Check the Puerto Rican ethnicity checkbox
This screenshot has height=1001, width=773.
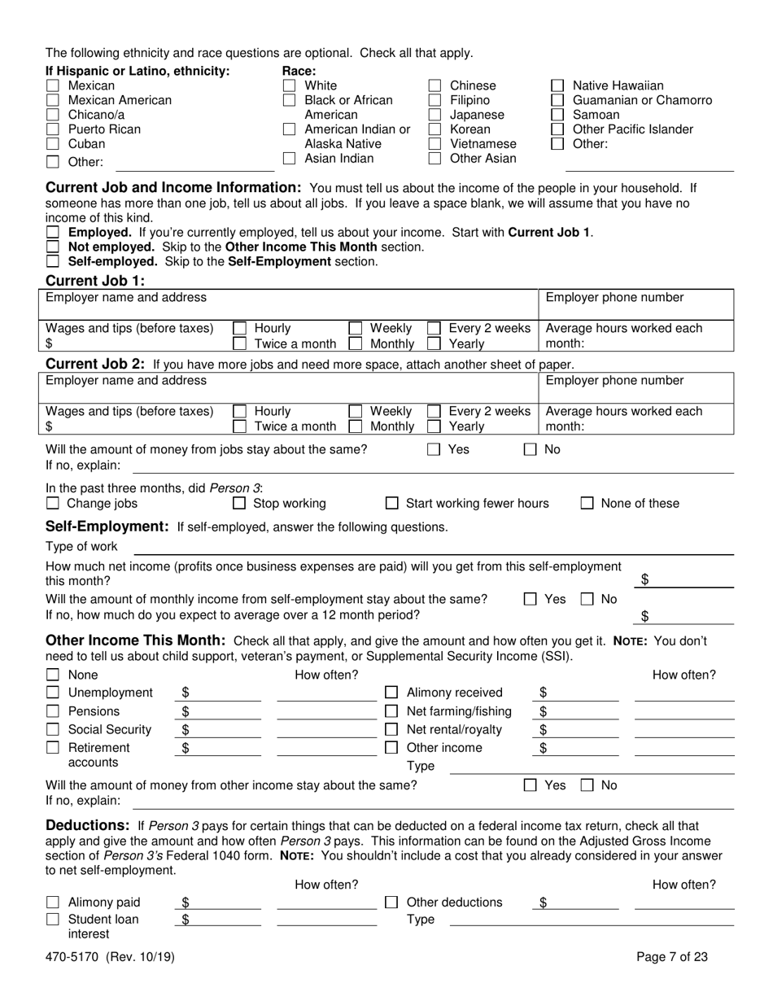(53, 129)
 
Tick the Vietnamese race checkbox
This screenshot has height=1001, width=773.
(435, 144)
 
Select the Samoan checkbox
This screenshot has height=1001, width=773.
(557, 115)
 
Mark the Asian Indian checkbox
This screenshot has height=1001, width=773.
(289, 159)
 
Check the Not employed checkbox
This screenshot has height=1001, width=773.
(53, 247)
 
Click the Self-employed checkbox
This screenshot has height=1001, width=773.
(53, 261)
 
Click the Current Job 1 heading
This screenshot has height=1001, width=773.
(95, 281)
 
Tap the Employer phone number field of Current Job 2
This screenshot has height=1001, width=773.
(636, 389)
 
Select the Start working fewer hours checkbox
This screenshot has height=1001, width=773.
(391, 504)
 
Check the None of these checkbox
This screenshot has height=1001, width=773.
(587, 504)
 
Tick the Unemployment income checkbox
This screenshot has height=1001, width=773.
(53, 693)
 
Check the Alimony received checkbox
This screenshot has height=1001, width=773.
(391, 693)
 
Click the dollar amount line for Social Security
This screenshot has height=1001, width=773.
(220, 730)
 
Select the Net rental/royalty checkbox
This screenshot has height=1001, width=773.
(391, 730)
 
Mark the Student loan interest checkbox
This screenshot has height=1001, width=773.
(53, 920)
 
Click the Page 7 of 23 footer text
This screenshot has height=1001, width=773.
(671, 957)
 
